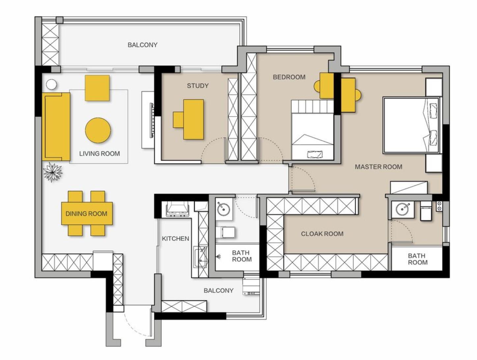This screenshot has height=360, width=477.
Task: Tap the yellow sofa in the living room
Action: [56, 127]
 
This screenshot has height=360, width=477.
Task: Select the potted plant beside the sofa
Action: [53, 173]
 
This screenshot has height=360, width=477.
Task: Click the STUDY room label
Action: [198, 86]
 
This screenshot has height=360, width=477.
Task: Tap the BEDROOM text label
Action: [289, 77]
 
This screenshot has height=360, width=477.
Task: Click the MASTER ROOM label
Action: [379, 167]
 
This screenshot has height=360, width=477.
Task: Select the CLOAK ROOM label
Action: [322, 234]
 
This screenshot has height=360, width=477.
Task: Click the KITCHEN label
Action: [175, 238]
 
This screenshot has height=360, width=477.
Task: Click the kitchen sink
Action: [200, 257]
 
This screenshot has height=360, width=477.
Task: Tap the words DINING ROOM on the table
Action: [87, 214]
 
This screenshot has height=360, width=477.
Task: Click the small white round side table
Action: [52, 84]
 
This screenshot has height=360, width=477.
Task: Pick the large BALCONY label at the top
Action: [143, 45]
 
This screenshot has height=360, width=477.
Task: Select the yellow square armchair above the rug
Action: [97, 88]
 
